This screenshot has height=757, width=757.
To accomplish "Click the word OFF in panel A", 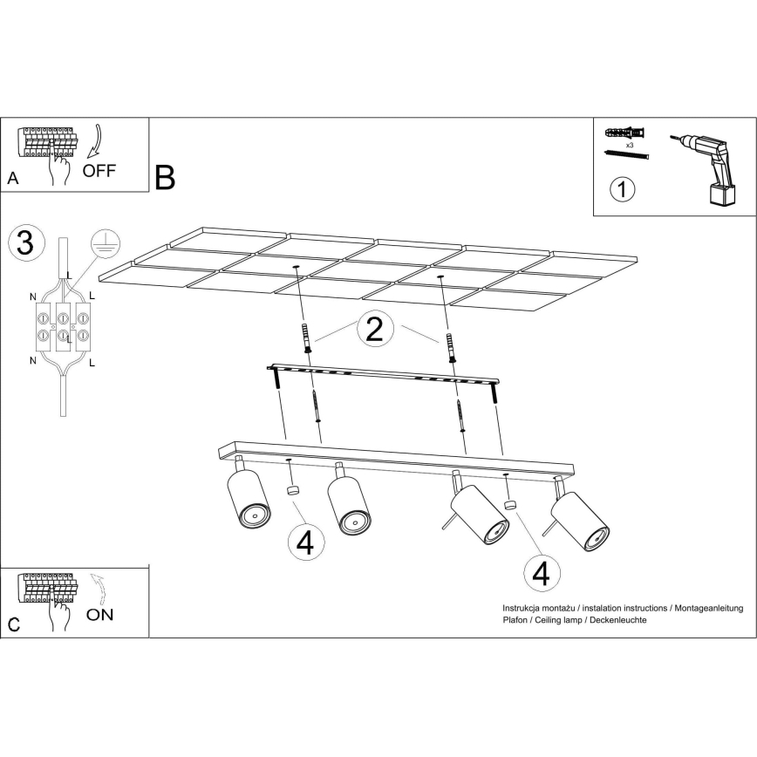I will coord(99,169).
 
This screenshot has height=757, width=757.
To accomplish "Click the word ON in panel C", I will coord(100,613).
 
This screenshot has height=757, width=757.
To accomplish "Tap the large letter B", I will coord(165,177).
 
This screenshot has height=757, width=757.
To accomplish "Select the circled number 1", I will coord(622,189).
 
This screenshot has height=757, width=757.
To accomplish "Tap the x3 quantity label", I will coord(629,145).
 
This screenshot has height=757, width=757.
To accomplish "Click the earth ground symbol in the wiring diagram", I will coord(104,245).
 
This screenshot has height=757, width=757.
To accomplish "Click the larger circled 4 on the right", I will coord(541,573).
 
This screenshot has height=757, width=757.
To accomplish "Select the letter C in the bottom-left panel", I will coord(12,624).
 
